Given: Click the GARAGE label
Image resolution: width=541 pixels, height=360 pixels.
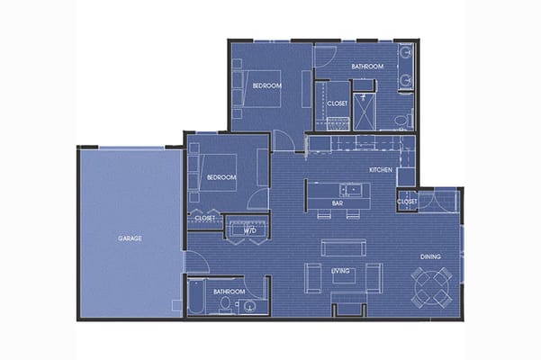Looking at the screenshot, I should (130, 238).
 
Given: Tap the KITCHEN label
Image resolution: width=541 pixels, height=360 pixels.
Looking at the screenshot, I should (383, 170).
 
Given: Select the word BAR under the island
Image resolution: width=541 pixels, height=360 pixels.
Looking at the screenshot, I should (338, 203).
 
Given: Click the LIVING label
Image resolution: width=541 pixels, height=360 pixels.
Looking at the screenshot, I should (340, 271).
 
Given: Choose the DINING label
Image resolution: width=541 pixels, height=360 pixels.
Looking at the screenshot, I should (430, 257).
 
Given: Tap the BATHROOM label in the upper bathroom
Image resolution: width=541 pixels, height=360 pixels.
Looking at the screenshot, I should (367, 67).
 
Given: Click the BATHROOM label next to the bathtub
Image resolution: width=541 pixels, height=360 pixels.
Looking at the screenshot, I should (229, 292).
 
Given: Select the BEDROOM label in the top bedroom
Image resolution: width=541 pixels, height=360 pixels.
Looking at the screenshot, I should (267, 85).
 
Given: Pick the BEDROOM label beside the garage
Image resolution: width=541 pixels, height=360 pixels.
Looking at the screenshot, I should (221, 177).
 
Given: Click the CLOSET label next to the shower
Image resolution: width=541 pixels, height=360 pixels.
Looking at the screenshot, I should (337, 103).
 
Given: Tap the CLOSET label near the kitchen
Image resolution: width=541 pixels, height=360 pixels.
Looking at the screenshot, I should (407, 202).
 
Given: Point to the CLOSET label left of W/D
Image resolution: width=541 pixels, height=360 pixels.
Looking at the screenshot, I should (204, 218).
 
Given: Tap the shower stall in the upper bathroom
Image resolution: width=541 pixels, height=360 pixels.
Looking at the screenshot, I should (364, 108).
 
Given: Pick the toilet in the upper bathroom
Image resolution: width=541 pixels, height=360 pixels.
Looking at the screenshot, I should (406, 118).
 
